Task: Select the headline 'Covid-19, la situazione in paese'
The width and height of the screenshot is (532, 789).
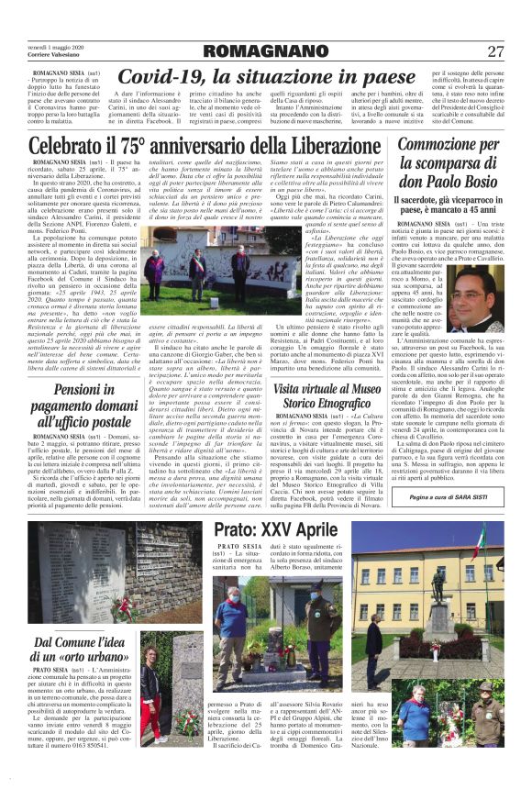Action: [267, 77]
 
